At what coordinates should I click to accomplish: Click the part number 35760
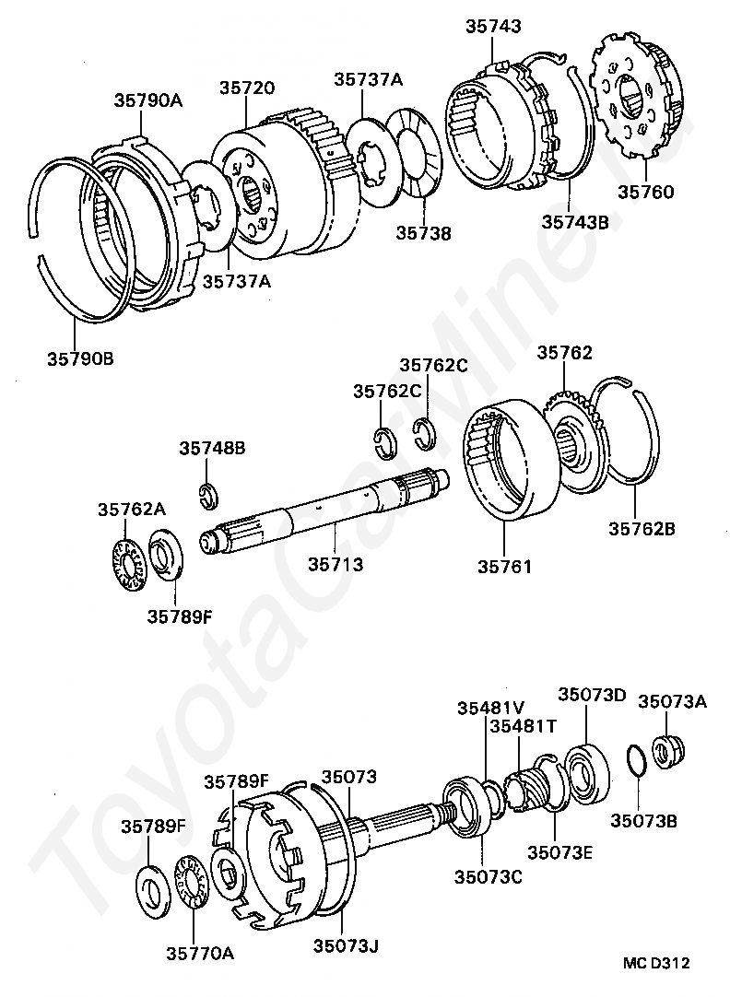tap(645, 193)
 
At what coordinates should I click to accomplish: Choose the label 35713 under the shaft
tap(336, 564)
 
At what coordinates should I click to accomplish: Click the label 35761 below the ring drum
tap(504, 566)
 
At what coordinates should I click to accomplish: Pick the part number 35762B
tap(642, 529)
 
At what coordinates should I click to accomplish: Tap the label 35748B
tap(212, 449)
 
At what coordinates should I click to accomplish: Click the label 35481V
tap(490, 708)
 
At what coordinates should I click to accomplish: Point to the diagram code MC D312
tap(656, 964)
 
